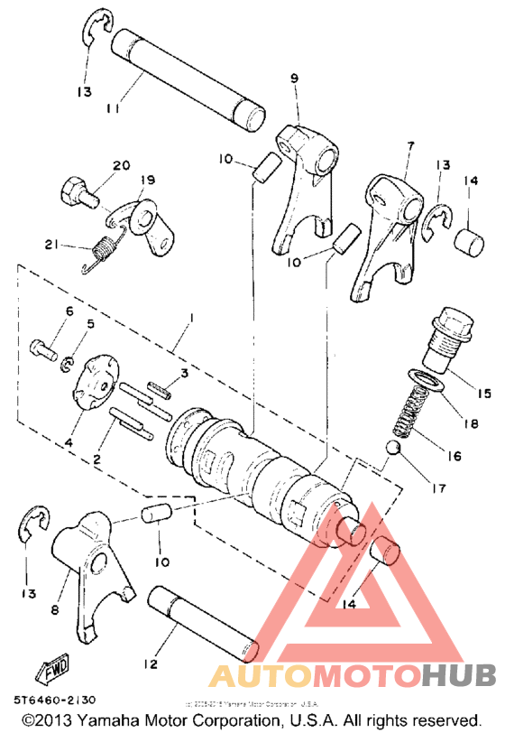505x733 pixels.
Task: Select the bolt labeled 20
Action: tap(76, 191)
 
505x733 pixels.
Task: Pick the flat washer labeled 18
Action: tap(425, 380)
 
